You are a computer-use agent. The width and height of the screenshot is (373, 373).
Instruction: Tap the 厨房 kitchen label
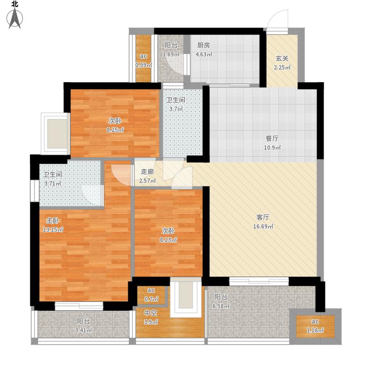click(x=204, y=45)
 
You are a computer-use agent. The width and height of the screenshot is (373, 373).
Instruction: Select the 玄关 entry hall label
click(x=282, y=59)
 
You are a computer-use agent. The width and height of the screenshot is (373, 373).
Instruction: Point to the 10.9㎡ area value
click(x=272, y=147)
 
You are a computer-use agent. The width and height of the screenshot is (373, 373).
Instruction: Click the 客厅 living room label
click(x=263, y=217)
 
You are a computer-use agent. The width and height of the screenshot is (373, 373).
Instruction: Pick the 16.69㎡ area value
click(x=263, y=226)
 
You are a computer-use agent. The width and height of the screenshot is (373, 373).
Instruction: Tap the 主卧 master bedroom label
click(x=53, y=221)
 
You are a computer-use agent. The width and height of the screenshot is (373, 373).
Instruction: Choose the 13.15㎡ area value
click(x=53, y=229)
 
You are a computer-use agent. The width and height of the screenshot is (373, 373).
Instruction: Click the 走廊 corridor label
click(x=147, y=172)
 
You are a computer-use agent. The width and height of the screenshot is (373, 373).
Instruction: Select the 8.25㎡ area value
click(x=115, y=130)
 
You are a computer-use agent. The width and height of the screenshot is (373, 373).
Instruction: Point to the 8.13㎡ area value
click(x=168, y=240)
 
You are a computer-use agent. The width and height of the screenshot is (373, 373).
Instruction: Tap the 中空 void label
click(x=151, y=313)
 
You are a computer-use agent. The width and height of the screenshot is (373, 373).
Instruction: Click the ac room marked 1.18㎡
click(x=315, y=326)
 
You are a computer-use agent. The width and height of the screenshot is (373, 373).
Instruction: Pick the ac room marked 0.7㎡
click(x=151, y=295)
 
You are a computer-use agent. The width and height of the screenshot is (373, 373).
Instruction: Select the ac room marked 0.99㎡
click(x=144, y=59)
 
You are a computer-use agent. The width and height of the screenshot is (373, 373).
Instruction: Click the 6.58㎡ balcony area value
click(x=221, y=306)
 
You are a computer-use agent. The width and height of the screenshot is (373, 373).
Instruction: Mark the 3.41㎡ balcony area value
click(x=83, y=331)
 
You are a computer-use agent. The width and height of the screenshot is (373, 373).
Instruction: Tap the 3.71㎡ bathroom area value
click(x=53, y=183)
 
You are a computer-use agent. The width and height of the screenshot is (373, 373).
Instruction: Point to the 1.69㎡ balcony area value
click(x=171, y=54)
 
